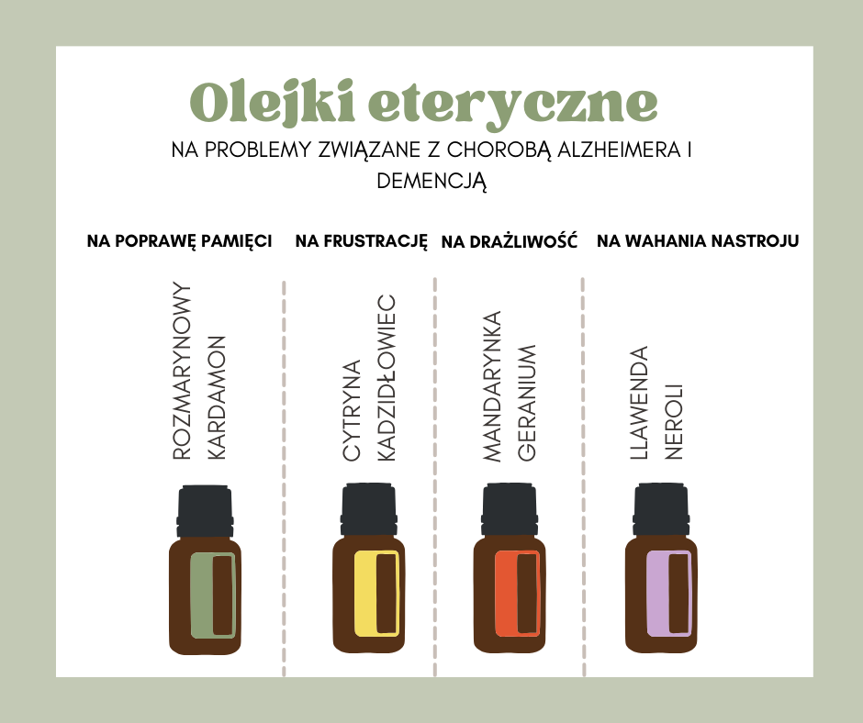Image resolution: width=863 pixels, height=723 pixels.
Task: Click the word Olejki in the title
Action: click(x=272, y=103)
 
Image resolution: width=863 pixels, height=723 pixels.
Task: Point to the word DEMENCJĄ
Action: click(x=431, y=182)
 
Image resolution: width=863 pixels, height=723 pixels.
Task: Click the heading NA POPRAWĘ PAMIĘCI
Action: click(x=179, y=241)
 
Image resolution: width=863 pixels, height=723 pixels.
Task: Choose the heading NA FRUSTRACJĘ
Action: click(x=361, y=241)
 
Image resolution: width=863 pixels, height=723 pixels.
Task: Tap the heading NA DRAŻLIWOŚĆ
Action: click(x=510, y=241)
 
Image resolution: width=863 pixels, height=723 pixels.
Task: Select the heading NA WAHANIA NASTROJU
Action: click(x=698, y=241)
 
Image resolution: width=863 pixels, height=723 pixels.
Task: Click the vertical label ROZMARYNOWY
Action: click(x=182, y=371)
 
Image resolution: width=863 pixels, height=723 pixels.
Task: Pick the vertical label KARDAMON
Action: click(x=217, y=397)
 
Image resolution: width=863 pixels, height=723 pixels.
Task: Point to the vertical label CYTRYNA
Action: click(x=352, y=410)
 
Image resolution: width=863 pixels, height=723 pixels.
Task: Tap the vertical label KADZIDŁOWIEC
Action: click(x=387, y=378)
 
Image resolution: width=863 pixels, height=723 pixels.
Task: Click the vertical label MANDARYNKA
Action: click(x=491, y=385)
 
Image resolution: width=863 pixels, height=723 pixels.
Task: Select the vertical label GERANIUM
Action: click(x=527, y=403)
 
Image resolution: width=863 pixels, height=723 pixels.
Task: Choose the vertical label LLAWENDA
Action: click(x=638, y=403)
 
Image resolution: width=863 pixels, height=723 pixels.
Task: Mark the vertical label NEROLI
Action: click(x=674, y=421)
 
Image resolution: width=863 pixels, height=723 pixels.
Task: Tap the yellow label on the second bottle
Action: click(x=377, y=594)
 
